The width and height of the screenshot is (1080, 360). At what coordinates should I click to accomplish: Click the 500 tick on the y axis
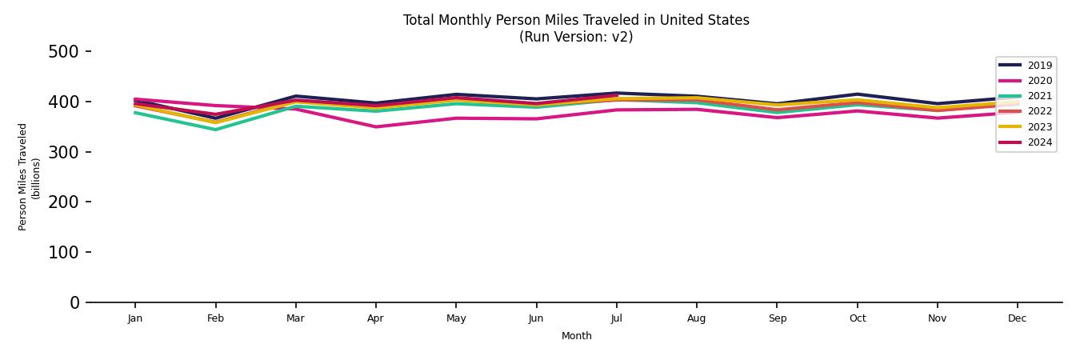[63, 52]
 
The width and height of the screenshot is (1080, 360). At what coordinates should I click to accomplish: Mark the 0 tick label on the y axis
[74, 302]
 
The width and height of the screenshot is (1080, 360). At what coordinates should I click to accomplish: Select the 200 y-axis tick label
[63, 202]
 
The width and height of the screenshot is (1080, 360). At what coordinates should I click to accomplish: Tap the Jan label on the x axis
[135, 318]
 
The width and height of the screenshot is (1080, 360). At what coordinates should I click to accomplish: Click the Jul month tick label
[616, 318]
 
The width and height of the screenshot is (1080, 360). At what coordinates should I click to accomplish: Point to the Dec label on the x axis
[1017, 318]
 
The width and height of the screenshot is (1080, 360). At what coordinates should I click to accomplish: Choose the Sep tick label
[777, 318]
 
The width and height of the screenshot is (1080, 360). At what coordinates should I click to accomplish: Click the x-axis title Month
[576, 336]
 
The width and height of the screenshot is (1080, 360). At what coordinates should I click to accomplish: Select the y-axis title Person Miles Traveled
[23, 177]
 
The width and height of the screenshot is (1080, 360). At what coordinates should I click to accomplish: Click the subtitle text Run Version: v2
[576, 37]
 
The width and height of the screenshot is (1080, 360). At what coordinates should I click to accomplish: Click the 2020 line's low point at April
[375, 126]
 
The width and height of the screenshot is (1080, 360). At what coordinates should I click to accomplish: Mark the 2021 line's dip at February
[215, 130]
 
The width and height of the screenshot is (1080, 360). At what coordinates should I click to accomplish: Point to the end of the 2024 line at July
[616, 96]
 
